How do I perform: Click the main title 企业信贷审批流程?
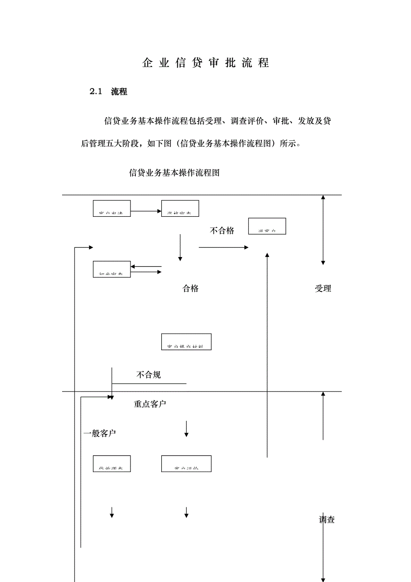pos(205,63)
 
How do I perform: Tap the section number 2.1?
pos(96,92)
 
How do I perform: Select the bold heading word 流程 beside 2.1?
pos(119,92)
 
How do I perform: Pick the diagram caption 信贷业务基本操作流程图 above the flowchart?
pos(174,173)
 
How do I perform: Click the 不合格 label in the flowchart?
pos(222,231)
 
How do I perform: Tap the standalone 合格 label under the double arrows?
pos(190,288)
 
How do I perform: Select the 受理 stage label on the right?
pos(323,288)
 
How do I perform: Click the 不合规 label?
pos(148,375)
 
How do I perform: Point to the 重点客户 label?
pos(150,404)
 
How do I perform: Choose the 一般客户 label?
pos(100,433)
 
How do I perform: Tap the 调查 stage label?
pos(327,519)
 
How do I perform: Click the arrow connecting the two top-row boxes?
pos(146,211)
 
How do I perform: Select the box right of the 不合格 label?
pos(267,226)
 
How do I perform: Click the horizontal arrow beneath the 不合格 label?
pos(223,247)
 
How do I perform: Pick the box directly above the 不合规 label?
pos(186,342)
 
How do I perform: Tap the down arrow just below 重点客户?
pos(187,429)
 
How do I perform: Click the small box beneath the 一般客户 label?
pos(112,464)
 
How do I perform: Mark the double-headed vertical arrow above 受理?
pos(323,230)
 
